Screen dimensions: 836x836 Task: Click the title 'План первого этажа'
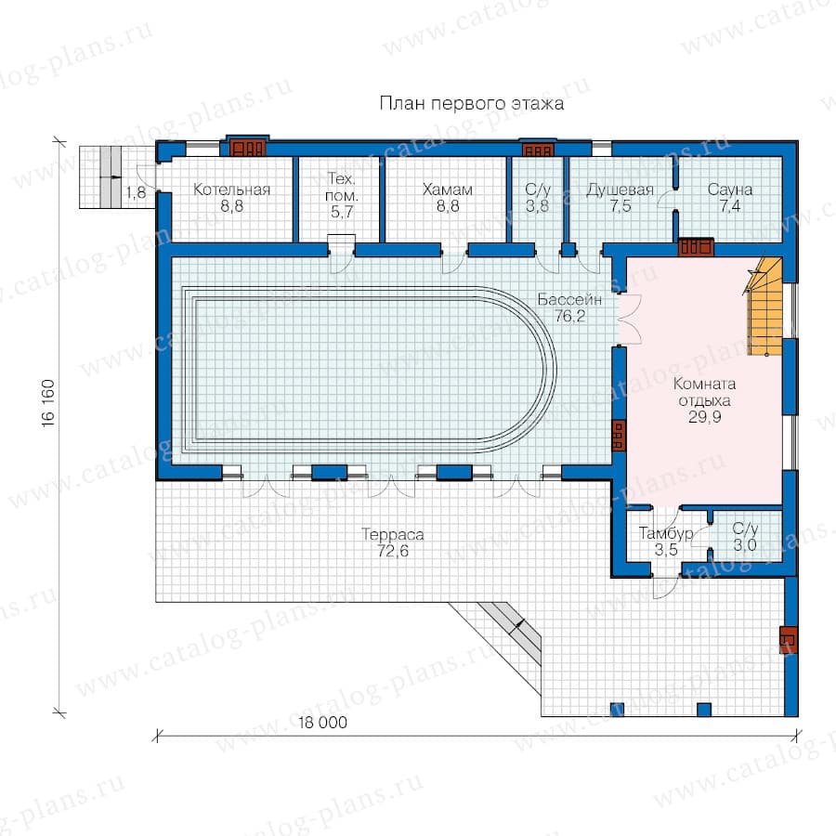click(471, 103)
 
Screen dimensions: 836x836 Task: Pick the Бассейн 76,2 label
click(569, 307)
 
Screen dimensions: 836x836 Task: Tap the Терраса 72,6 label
click(393, 542)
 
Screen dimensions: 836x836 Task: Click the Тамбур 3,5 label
click(666, 542)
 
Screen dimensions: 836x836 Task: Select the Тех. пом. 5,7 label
click(341, 195)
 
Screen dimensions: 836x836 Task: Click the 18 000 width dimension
click(322, 723)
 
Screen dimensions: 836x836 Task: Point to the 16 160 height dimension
click(48, 403)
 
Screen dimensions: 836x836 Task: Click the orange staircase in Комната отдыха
click(764, 307)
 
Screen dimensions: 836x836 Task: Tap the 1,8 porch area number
click(136, 192)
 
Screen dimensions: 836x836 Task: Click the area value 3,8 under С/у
click(537, 206)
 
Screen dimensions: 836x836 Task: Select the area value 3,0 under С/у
click(744, 545)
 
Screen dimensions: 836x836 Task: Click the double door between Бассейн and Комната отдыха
click(629, 319)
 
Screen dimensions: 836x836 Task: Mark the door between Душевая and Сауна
click(666, 200)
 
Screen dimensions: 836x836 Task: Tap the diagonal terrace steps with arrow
click(509, 631)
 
